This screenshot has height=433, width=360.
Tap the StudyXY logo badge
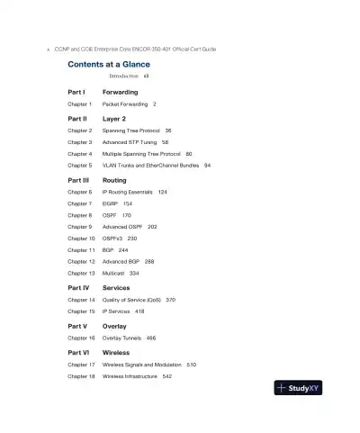tap(298, 388)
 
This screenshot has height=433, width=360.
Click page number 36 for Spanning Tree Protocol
tap(168, 130)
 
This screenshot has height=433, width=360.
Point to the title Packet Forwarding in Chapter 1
tap(125, 104)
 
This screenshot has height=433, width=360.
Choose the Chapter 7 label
tap(80, 203)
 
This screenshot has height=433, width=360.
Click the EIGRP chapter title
tap(111, 203)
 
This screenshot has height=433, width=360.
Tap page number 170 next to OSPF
tap(127, 215)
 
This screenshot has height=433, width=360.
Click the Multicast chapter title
tap(113, 273)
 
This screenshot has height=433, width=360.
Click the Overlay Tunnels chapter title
tap(121, 338)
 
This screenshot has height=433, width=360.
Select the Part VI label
tap(77, 353)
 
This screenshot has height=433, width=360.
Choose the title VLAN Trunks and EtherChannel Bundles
tap(150, 166)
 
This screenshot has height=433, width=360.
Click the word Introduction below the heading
tap(123, 77)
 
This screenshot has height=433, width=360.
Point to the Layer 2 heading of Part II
tap(114, 118)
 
